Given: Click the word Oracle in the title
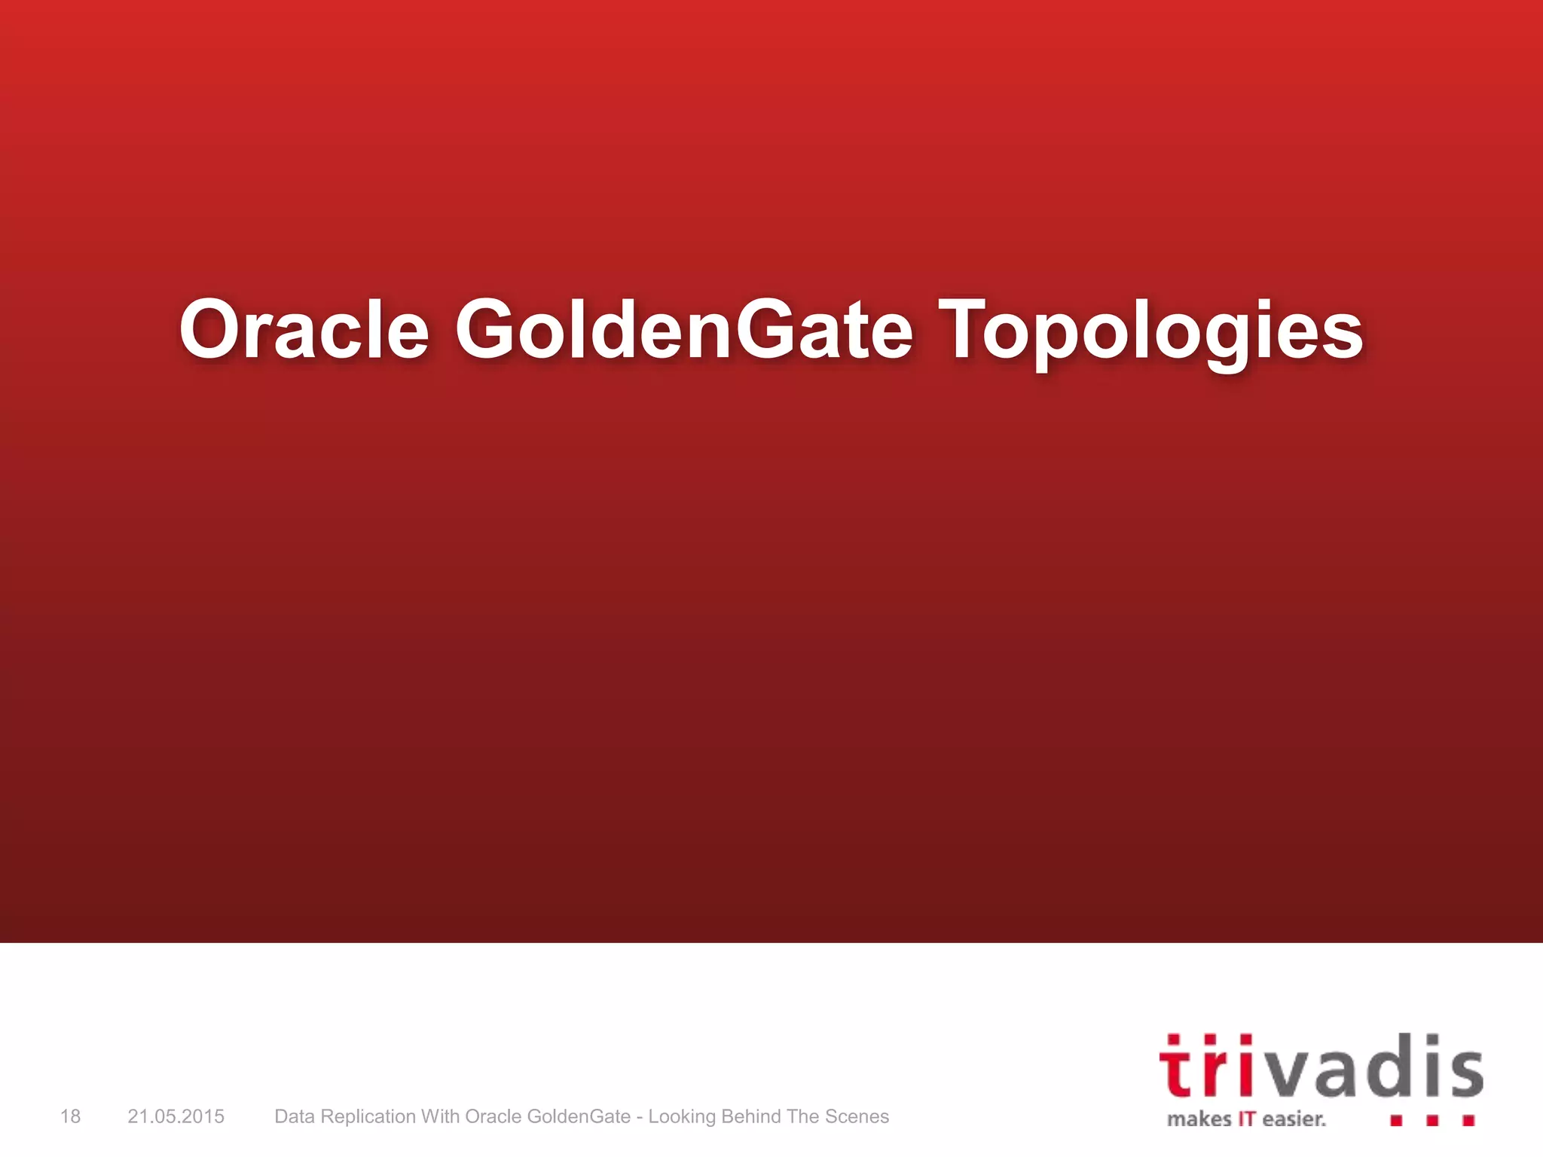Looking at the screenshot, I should click(304, 330).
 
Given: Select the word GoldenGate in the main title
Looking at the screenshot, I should click(683, 330).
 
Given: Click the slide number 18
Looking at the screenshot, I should click(70, 1116).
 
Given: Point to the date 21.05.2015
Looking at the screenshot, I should click(176, 1116).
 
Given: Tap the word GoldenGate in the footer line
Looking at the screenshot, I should click(579, 1116).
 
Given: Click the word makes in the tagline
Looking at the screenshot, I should click(1199, 1119).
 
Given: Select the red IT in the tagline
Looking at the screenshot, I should click(1247, 1119).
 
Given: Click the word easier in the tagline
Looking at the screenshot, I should click(1294, 1119).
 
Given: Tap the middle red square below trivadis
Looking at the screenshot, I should click(1432, 1121).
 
